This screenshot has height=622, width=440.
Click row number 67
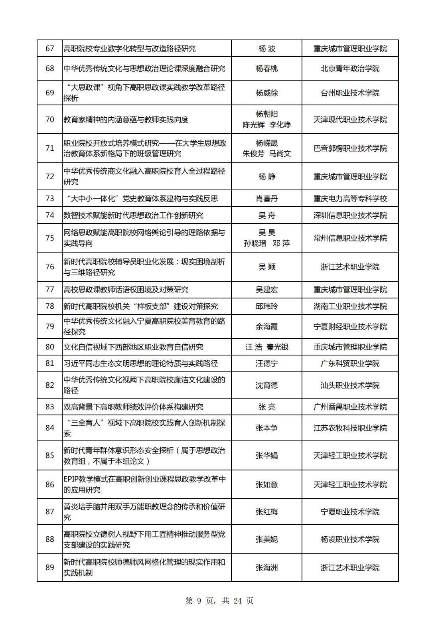tap(49, 49)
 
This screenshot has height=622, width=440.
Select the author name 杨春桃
tap(266, 69)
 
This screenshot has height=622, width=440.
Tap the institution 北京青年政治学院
tap(350, 69)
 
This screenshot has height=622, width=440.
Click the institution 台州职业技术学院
tap(350, 93)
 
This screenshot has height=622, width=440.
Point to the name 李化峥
tap(280, 125)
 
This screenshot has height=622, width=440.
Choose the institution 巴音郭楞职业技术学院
tap(350, 148)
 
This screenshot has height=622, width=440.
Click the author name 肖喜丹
tap(266, 199)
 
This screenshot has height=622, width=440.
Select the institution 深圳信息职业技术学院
tap(350, 215)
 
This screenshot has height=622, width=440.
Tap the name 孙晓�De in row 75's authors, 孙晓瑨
tap(255, 243)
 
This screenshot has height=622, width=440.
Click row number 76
tap(49, 267)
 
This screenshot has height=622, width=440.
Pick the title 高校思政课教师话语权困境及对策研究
tap(126, 290)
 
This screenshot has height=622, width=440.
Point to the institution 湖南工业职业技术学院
tap(350, 306)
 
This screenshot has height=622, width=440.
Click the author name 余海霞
tap(266, 327)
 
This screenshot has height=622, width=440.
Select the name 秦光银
tap(278, 347)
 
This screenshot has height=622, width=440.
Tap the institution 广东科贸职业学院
tap(350, 363)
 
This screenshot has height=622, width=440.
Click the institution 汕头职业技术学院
tap(350, 385)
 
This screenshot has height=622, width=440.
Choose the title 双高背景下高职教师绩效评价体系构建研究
tap(133, 407)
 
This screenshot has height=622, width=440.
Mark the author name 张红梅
tap(266, 512)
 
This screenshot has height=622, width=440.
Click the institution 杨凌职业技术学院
tap(350, 539)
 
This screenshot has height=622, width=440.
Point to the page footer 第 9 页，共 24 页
tap(219, 601)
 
